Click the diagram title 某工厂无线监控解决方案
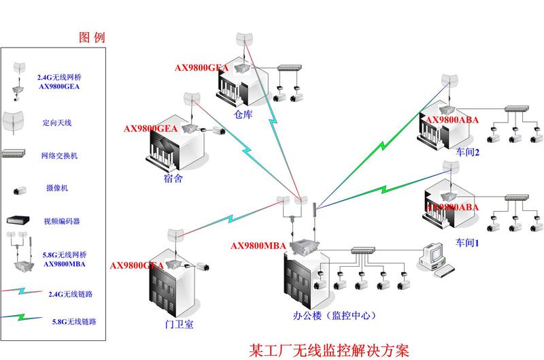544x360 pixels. click(329, 350)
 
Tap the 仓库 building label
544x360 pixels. click(243, 114)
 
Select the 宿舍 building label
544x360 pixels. click(173, 178)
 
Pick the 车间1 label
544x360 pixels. click(468, 242)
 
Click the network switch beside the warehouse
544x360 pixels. click(292, 68)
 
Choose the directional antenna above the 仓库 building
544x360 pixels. click(244, 41)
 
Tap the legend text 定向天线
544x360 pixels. click(57, 123)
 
